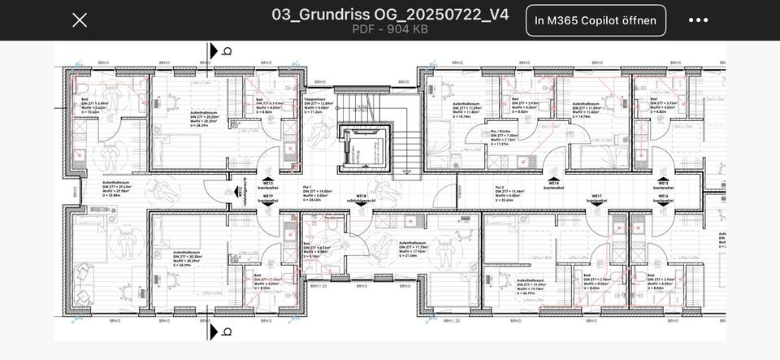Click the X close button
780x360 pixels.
pyautogui.click(x=80, y=20)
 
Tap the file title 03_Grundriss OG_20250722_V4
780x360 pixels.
pyautogui.click(x=390, y=14)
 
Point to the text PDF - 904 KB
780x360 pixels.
pyautogui.click(x=390, y=29)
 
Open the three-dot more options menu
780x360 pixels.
pyautogui.click(x=698, y=20)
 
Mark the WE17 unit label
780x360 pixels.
pyautogui.click(x=596, y=197)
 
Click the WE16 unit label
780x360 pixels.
pyautogui.click(x=663, y=197)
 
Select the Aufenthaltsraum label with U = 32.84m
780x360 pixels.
pyautogui.click(x=117, y=188)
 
